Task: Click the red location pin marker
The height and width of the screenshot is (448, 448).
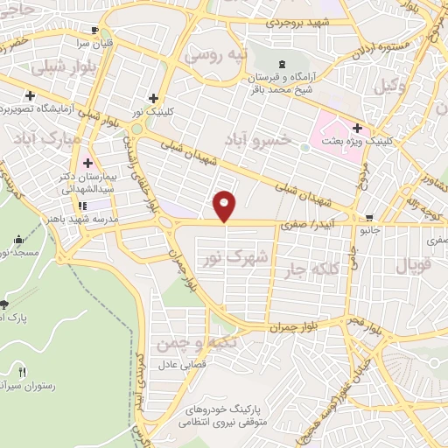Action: (225, 205)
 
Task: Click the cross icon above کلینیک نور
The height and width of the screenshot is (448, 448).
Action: (154, 98)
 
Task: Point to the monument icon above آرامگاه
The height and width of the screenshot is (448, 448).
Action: (282, 65)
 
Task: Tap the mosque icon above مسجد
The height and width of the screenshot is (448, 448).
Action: (18, 239)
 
